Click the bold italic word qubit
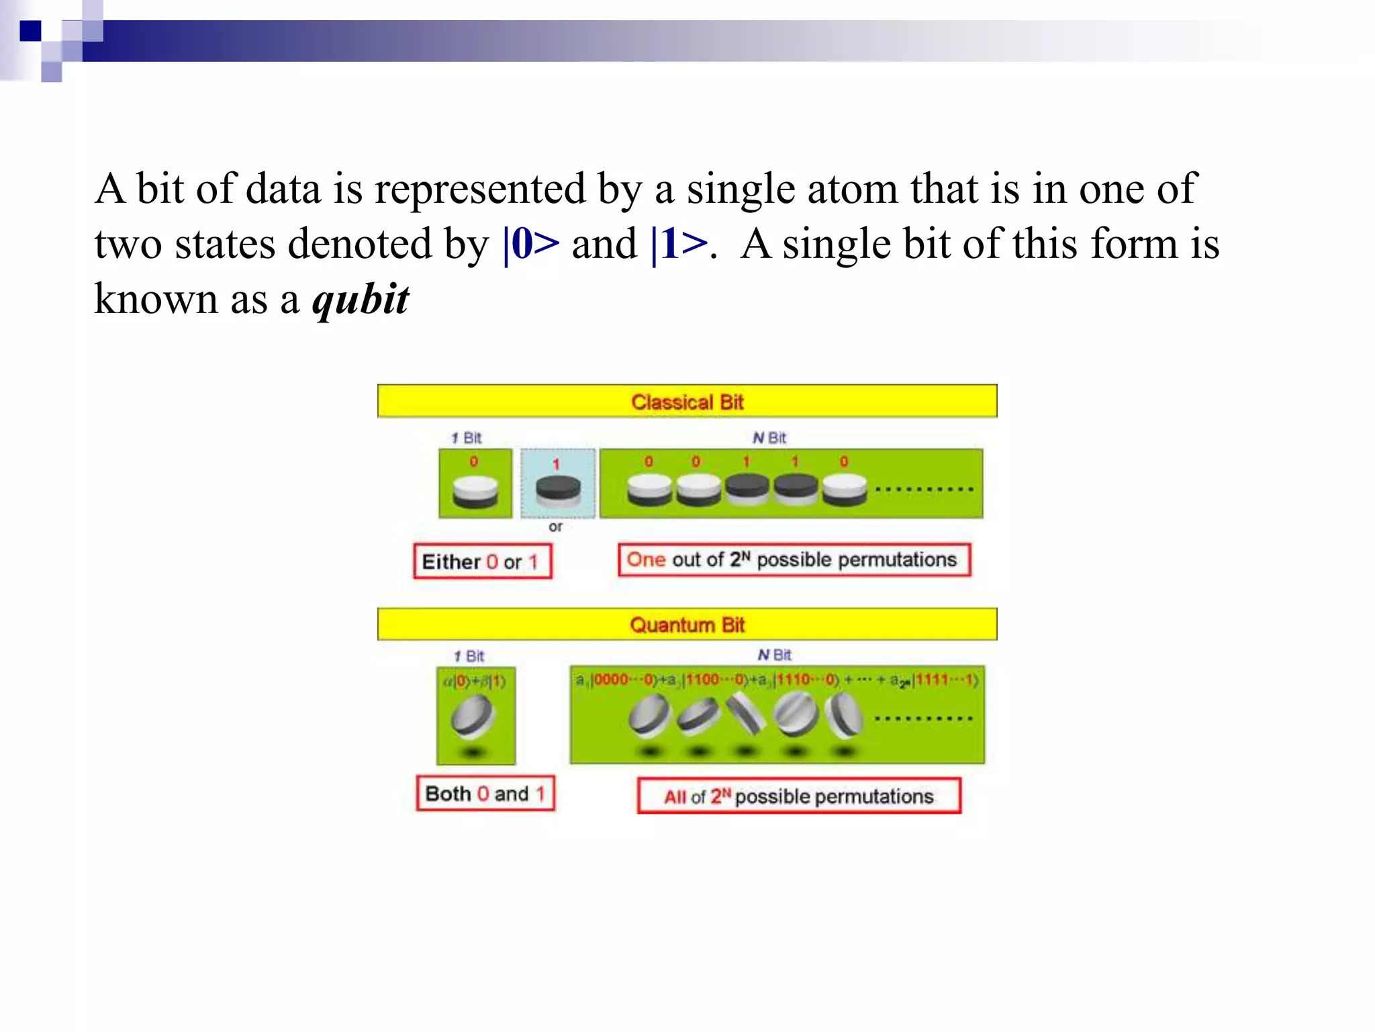[x=361, y=300]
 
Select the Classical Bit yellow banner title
[x=687, y=402]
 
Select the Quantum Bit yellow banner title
[x=687, y=625]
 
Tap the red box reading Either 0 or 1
[x=482, y=561]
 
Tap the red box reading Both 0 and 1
[x=485, y=793]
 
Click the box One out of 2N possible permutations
[x=794, y=560]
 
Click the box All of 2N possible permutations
[x=798, y=796]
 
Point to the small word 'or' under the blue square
[x=555, y=527]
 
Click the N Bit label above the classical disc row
[x=769, y=438]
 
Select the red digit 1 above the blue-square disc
[x=556, y=464]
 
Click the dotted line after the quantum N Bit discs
[x=923, y=718]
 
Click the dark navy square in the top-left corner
[x=30, y=31]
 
